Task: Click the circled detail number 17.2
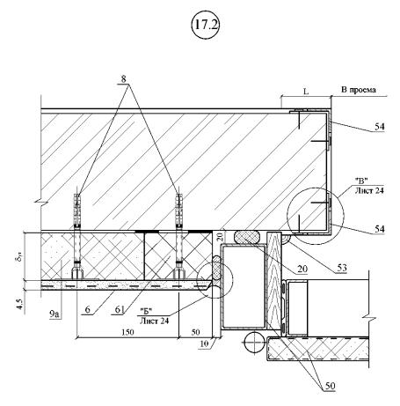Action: tap(206, 25)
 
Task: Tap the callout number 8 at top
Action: tap(123, 78)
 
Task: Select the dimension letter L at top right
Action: tap(306, 92)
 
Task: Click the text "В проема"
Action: tap(359, 90)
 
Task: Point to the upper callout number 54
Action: tap(380, 127)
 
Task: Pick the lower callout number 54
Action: tap(380, 229)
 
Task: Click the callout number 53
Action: tap(342, 268)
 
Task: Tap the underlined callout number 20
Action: tap(302, 269)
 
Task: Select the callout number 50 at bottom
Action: tap(331, 386)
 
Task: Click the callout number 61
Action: tap(120, 309)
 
